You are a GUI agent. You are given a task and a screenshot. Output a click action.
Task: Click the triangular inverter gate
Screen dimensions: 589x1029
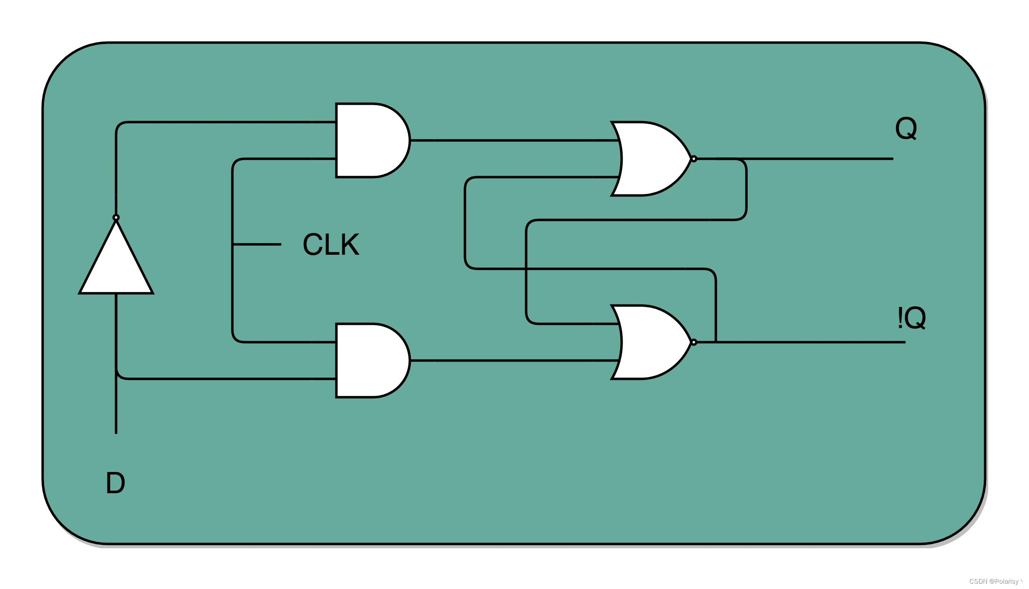click(116, 265)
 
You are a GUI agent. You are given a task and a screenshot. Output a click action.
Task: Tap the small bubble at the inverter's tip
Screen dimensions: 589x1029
click(116, 217)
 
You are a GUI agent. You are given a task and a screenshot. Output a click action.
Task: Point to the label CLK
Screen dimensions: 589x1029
click(331, 244)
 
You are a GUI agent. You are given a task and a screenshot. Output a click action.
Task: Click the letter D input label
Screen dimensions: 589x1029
click(115, 483)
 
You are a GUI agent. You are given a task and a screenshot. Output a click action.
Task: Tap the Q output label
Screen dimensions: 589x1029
click(906, 128)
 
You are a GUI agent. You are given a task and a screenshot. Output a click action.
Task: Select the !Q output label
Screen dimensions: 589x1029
click(911, 318)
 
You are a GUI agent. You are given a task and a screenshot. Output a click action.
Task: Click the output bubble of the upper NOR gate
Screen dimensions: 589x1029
click(694, 159)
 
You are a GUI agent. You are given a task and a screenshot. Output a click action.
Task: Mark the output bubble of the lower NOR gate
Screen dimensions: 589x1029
click(694, 342)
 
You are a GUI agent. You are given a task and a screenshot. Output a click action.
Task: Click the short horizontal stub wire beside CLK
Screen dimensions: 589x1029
click(257, 244)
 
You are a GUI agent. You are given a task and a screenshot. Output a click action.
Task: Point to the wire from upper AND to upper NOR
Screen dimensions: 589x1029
click(510, 140)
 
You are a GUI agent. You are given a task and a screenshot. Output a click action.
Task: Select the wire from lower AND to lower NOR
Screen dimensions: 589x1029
click(510, 360)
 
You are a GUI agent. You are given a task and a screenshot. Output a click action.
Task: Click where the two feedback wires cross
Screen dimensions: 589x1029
click(526, 269)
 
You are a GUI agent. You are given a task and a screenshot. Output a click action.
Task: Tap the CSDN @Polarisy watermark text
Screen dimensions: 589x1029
click(996, 581)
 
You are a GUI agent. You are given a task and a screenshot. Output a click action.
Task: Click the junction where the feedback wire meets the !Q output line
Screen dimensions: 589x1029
click(716, 342)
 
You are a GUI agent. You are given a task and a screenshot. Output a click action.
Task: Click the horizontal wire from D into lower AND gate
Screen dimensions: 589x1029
click(224, 379)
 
